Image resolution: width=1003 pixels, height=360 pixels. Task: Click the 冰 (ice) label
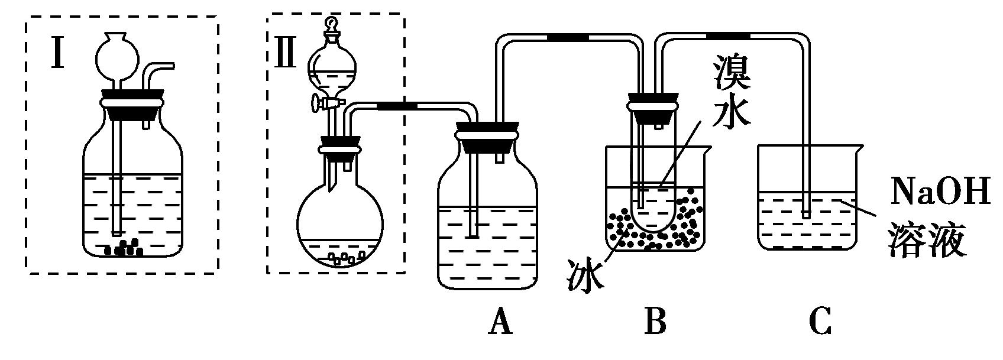pyautogui.click(x=584, y=273)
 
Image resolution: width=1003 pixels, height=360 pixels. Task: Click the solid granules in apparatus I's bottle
pyautogui.click(x=124, y=248)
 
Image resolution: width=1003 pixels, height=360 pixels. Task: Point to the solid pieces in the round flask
pyautogui.click(x=344, y=258)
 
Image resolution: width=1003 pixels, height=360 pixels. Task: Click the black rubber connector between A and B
pyautogui.click(x=568, y=38)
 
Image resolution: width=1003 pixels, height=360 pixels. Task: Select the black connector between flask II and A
pyautogui.click(x=397, y=106)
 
